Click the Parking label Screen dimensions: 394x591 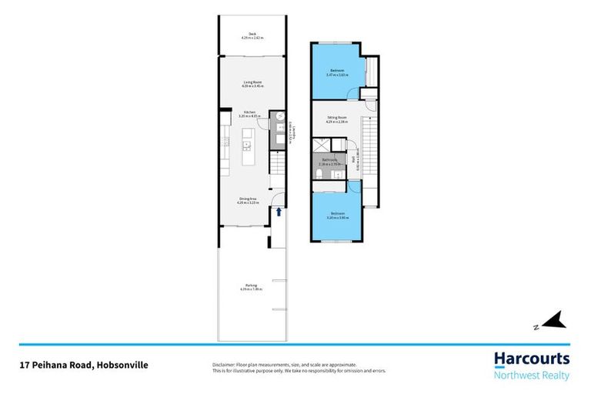pos(252,287)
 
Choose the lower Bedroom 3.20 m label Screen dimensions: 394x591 pos(337,215)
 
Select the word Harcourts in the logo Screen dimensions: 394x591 pos(531,359)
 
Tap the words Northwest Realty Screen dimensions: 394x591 pos(531,375)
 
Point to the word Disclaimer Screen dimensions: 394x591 pos(225,364)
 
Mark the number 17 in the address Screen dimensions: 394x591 pos(24,366)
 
